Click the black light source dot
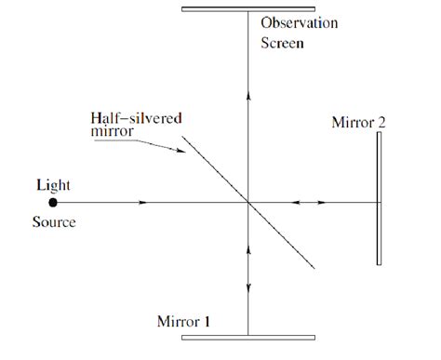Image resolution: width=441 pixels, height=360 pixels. (x=53, y=201)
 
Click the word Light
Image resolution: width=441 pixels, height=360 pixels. (x=52, y=185)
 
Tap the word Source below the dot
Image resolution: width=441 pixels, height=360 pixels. (x=52, y=223)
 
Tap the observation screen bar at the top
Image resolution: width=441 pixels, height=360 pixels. (x=247, y=9)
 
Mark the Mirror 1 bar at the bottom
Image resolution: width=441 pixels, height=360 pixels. (x=247, y=337)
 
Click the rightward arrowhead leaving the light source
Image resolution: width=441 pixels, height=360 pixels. (x=141, y=201)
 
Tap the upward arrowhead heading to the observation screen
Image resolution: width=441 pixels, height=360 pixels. (x=247, y=92)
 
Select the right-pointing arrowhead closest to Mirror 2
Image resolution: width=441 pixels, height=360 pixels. (x=322, y=201)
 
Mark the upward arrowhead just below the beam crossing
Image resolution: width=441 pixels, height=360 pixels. (x=247, y=251)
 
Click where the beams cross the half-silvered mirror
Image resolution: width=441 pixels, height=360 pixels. (x=247, y=201)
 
